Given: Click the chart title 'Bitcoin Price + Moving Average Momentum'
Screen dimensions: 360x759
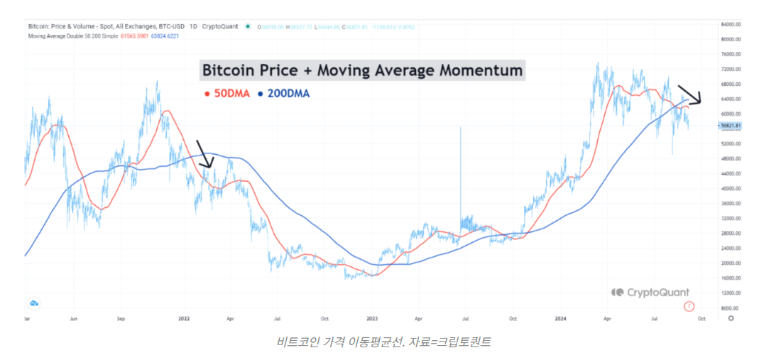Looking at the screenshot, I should click(x=362, y=70).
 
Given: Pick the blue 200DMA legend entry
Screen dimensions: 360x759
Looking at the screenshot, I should click(x=287, y=93).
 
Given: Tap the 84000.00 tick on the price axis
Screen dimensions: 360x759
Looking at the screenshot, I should click(x=731, y=24).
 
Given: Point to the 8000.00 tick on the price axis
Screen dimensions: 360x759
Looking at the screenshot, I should click(x=731, y=308).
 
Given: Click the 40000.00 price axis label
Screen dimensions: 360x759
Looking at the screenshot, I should click(x=731, y=189).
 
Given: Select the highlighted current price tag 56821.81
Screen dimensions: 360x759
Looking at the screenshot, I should click(x=731, y=126).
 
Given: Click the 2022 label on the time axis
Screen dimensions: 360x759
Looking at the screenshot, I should click(x=185, y=319).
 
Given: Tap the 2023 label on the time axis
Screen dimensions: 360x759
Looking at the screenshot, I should click(x=372, y=319).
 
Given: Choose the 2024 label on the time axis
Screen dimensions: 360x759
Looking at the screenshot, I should click(x=561, y=319).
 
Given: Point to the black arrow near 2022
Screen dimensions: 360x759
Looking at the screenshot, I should click(x=203, y=154).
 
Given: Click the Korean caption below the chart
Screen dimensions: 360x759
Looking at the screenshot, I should click(x=383, y=342).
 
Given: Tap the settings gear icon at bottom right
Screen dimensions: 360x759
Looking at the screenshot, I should click(x=731, y=319).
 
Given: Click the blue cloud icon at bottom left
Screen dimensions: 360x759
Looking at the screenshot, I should click(x=33, y=303).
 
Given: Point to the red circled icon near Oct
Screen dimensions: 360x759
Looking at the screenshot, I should click(x=688, y=306).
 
